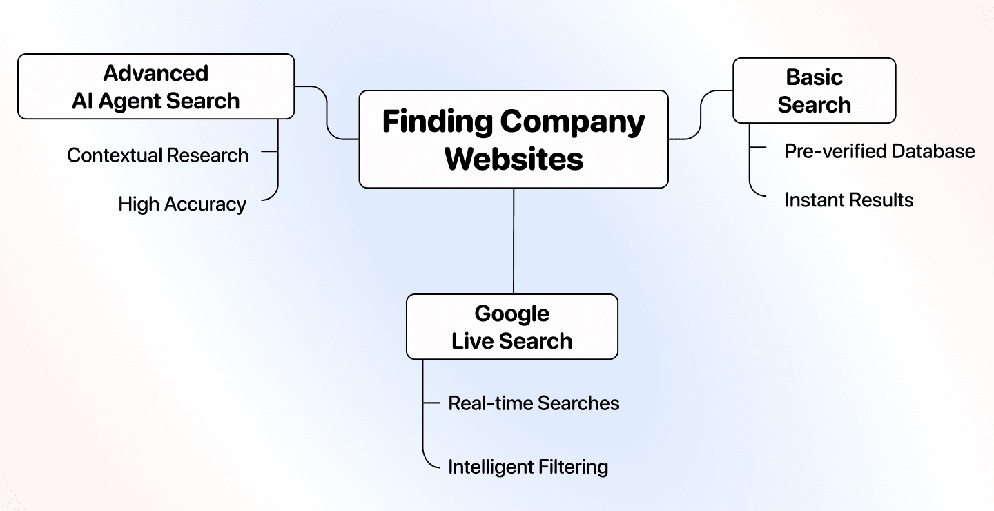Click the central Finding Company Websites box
tap(514, 139)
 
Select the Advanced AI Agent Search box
tap(156, 86)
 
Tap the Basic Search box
tap(814, 90)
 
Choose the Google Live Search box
tap(511, 327)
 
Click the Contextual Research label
tap(157, 155)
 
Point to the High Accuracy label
tap(182, 204)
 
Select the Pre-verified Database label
tap(879, 151)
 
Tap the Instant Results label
tap(848, 200)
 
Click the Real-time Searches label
tap(534, 403)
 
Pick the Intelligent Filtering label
tap(528, 467)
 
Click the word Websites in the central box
tap(514, 158)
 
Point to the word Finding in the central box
tap(438, 122)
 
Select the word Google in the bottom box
tap(511, 314)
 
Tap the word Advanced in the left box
tap(156, 73)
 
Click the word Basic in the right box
tap(814, 77)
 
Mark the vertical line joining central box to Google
tap(514, 241)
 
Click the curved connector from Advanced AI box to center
tap(326, 112)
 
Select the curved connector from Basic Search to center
tap(701, 115)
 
